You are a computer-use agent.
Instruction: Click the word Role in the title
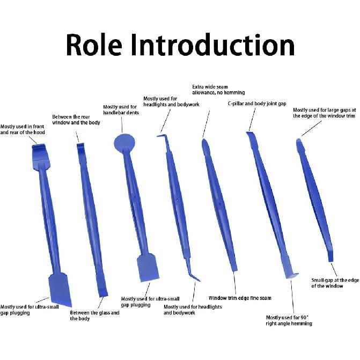pyautogui.click(x=94, y=45)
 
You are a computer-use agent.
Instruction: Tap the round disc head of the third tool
pyautogui.click(x=124, y=142)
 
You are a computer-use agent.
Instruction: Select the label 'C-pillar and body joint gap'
pyautogui.click(x=257, y=104)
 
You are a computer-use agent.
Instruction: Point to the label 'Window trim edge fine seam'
pyautogui.click(x=240, y=298)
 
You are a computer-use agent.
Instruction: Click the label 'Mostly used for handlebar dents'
pyautogui.click(x=121, y=110)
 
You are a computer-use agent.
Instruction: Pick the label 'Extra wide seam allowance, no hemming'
pyautogui.click(x=218, y=90)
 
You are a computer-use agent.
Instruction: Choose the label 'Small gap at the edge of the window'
pyautogui.click(x=335, y=283)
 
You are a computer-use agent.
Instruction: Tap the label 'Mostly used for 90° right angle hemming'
pyautogui.click(x=289, y=320)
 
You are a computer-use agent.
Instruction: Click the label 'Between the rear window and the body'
pyautogui.click(x=76, y=120)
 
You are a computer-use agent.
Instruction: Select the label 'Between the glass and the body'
pyautogui.click(x=94, y=315)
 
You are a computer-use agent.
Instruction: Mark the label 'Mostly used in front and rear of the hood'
pyautogui.click(x=23, y=129)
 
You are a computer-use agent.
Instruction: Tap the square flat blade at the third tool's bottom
pyautogui.click(x=148, y=268)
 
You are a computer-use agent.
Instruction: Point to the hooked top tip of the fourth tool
pyautogui.click(x=161, y=136)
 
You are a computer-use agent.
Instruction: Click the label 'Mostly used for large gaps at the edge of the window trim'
pyautogui.click(x=324, y=113)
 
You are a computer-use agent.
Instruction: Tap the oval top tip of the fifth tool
pyautogui.click(x=205, y=147)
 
